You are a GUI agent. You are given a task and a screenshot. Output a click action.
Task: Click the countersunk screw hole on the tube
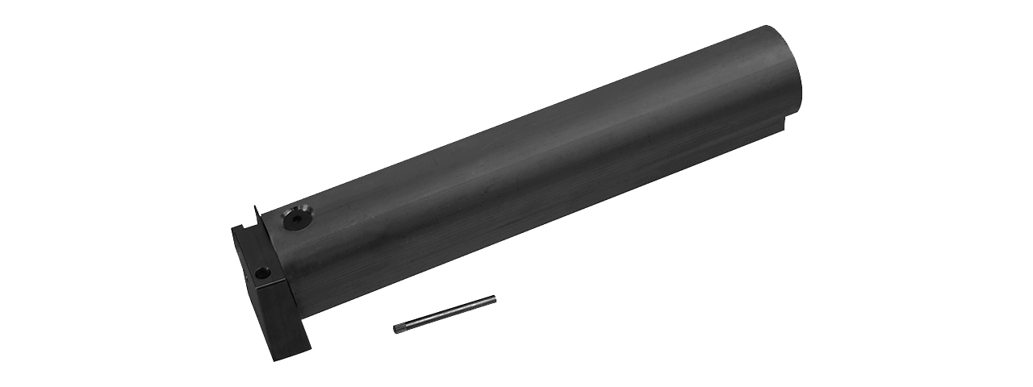coord(298,218)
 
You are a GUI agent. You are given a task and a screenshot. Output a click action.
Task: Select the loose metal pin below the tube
coord(445,314)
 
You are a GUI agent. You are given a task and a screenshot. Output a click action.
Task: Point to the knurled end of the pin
coord(400,327)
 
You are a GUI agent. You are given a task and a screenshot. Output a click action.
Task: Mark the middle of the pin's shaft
coord(445,314)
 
